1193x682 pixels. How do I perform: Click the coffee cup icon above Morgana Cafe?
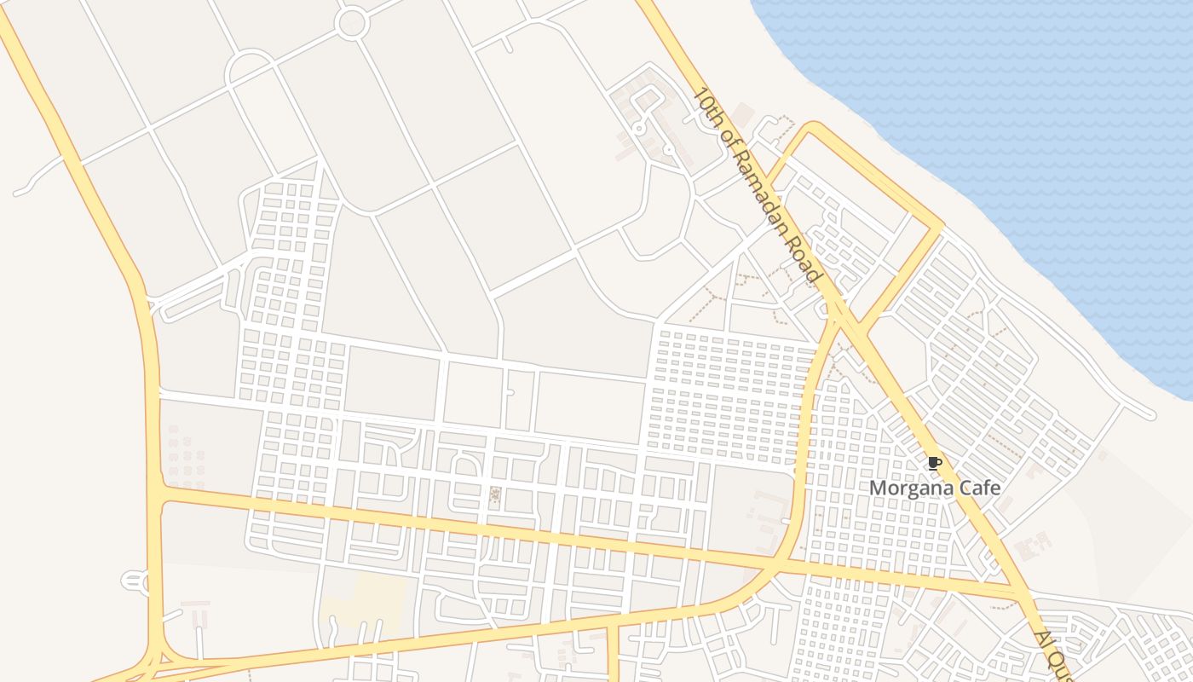pos(934,464)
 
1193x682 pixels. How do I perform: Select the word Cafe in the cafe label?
pos(982,488)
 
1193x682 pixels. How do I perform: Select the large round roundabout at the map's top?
pos(351,23)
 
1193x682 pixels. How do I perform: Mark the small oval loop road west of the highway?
pos(135,581)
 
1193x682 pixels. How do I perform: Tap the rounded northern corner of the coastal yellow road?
pos(813,128)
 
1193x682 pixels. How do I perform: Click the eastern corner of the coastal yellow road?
pos(939,227)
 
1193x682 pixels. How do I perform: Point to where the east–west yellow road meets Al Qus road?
pos(1020,592)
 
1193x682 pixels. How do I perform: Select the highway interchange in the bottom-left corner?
pos(158,661)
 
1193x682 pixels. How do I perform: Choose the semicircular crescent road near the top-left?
pos(248,65)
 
